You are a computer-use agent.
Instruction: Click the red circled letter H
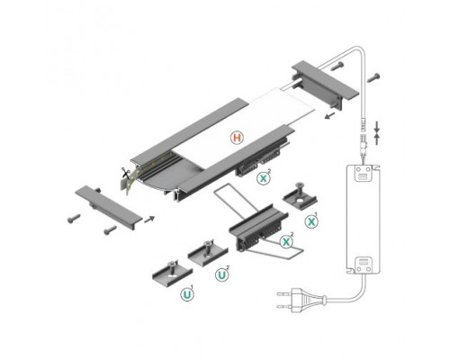click(236, 139)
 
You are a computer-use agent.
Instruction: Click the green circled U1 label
click(188, 293)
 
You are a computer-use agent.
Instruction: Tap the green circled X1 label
click(311, 220)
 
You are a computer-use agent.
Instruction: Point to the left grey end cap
click(107, 205)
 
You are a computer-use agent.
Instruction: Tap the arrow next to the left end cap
click(149, 217)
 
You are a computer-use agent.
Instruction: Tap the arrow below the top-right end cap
click(330, 115)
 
